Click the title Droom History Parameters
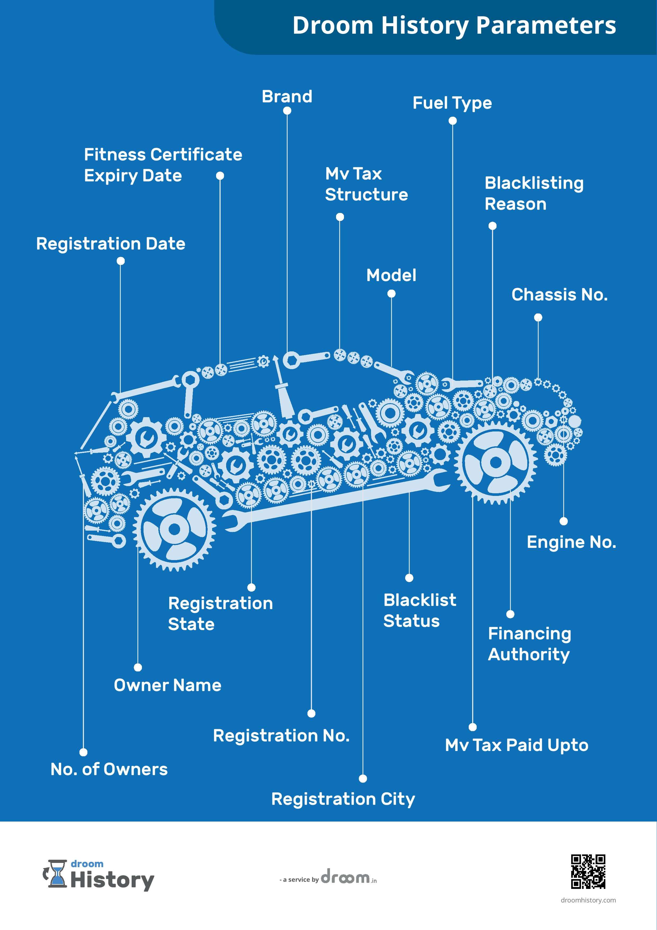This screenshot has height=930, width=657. tap(454, 25)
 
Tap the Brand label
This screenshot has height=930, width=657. tap(287, 97)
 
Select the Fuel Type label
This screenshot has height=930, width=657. tap(452, 103)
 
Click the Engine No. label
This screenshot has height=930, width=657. tap(571, 542)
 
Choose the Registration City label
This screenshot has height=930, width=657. tap(343, 799)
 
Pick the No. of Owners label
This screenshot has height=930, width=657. tap(109, 769)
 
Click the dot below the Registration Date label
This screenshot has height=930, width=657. tap(120, 261)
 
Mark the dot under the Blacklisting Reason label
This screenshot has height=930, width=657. tap(492, 226)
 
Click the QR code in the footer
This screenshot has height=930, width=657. tap(588, 871)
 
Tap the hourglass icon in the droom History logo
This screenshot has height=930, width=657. tap(57, 874)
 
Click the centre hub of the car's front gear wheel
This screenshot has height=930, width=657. tap(495, 462)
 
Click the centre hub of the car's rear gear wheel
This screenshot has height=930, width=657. tap(174, 529)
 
